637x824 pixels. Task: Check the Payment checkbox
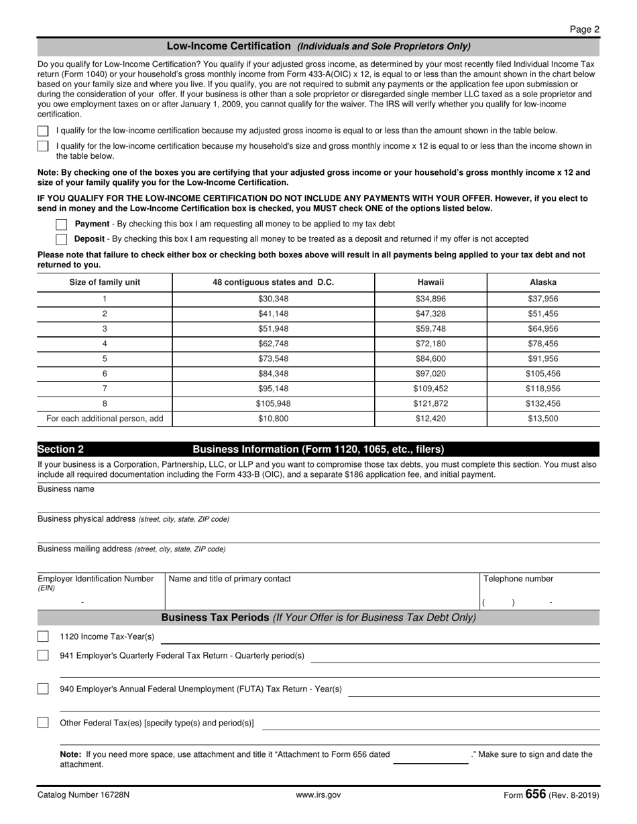[x=61, y=224]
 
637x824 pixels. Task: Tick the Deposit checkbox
[x=61, y=239]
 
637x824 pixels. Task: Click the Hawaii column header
[x=430, y=282]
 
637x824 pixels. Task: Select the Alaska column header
[x=542, y=282]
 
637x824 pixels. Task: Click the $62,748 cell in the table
[x=273, y=344]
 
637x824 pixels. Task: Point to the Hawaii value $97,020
[x=430, y=374]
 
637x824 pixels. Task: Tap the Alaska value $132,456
[x=542, y=404]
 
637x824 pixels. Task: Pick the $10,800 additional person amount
[x=273, y=419]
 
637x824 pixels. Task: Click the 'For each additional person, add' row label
[x=105, y=419]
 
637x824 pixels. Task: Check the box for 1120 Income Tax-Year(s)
[x=43, y=636]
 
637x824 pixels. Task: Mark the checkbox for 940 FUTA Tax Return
[x=43, y=689]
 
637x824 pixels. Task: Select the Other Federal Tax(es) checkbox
[x=43, y=723]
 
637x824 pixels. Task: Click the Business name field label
[x=66, y=489]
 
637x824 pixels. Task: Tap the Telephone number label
[x=518, y=579]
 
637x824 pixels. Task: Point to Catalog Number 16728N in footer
[x=84, y=795]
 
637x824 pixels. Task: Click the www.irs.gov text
[x=318, y=795]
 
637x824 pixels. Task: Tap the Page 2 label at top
[x=585, y=29]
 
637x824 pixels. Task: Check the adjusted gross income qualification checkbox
[x=43, y=131]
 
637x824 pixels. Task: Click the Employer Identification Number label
[x=95, y=579]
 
